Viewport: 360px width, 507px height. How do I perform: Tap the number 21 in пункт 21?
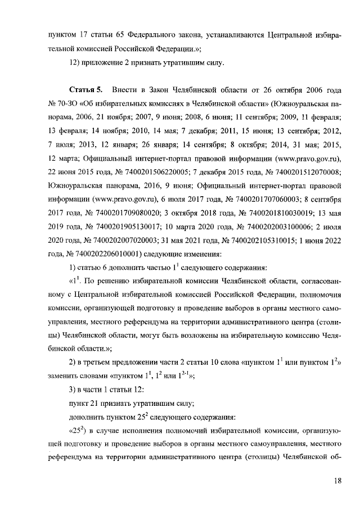click(96, 403)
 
